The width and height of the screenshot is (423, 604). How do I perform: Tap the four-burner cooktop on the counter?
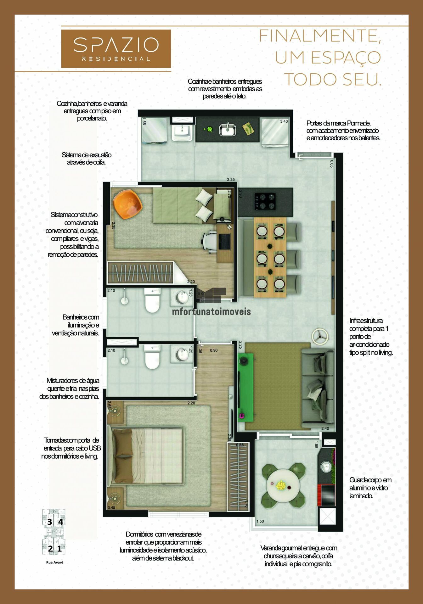click(265, 202)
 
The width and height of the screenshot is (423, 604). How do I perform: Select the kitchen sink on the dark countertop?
click(228, 130)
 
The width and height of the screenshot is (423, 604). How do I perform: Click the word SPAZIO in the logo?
click(116, 45)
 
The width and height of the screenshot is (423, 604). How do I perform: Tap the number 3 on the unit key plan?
click(49, 522)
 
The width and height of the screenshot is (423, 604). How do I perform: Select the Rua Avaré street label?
click(55, 562)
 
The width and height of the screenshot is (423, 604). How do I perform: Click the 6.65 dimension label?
click(332, 164)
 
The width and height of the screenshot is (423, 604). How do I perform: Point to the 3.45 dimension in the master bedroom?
click(111, 507)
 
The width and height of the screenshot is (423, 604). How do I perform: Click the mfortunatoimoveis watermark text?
click(211, 312)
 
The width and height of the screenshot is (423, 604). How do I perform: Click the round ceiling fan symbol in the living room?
click(320, 336)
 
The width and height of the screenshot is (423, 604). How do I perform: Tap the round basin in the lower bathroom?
click(182, 355)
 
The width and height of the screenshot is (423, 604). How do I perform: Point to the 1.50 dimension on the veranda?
click(260, 521)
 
